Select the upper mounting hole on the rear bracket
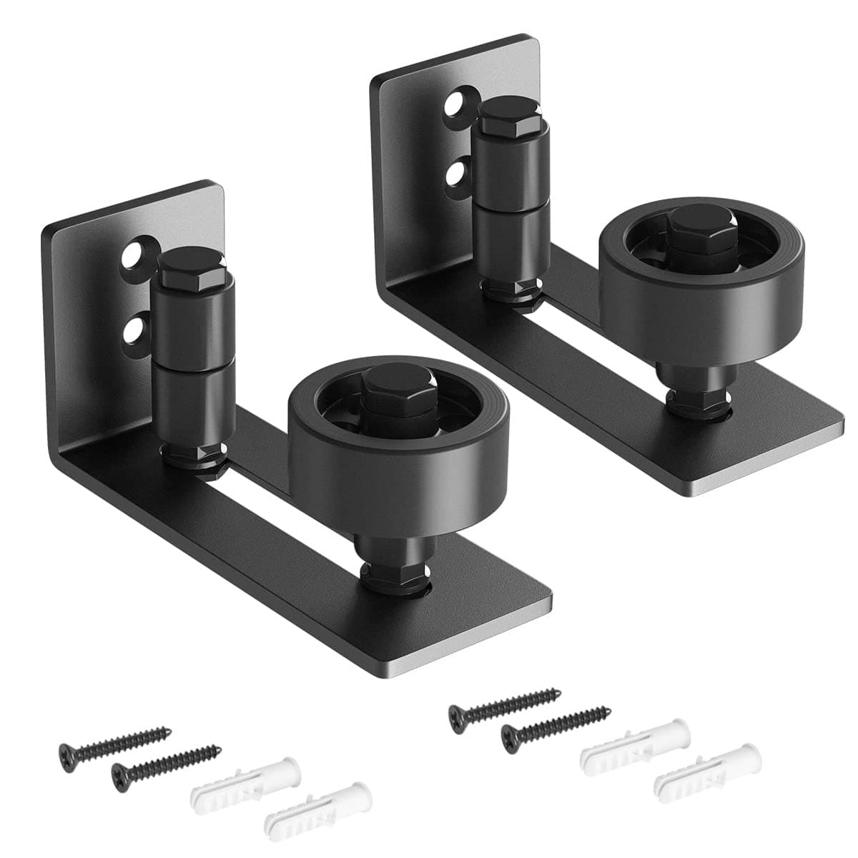pyautogui.click(x=453, y=105)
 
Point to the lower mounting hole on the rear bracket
pyautogui.click(x=455, y=172)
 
